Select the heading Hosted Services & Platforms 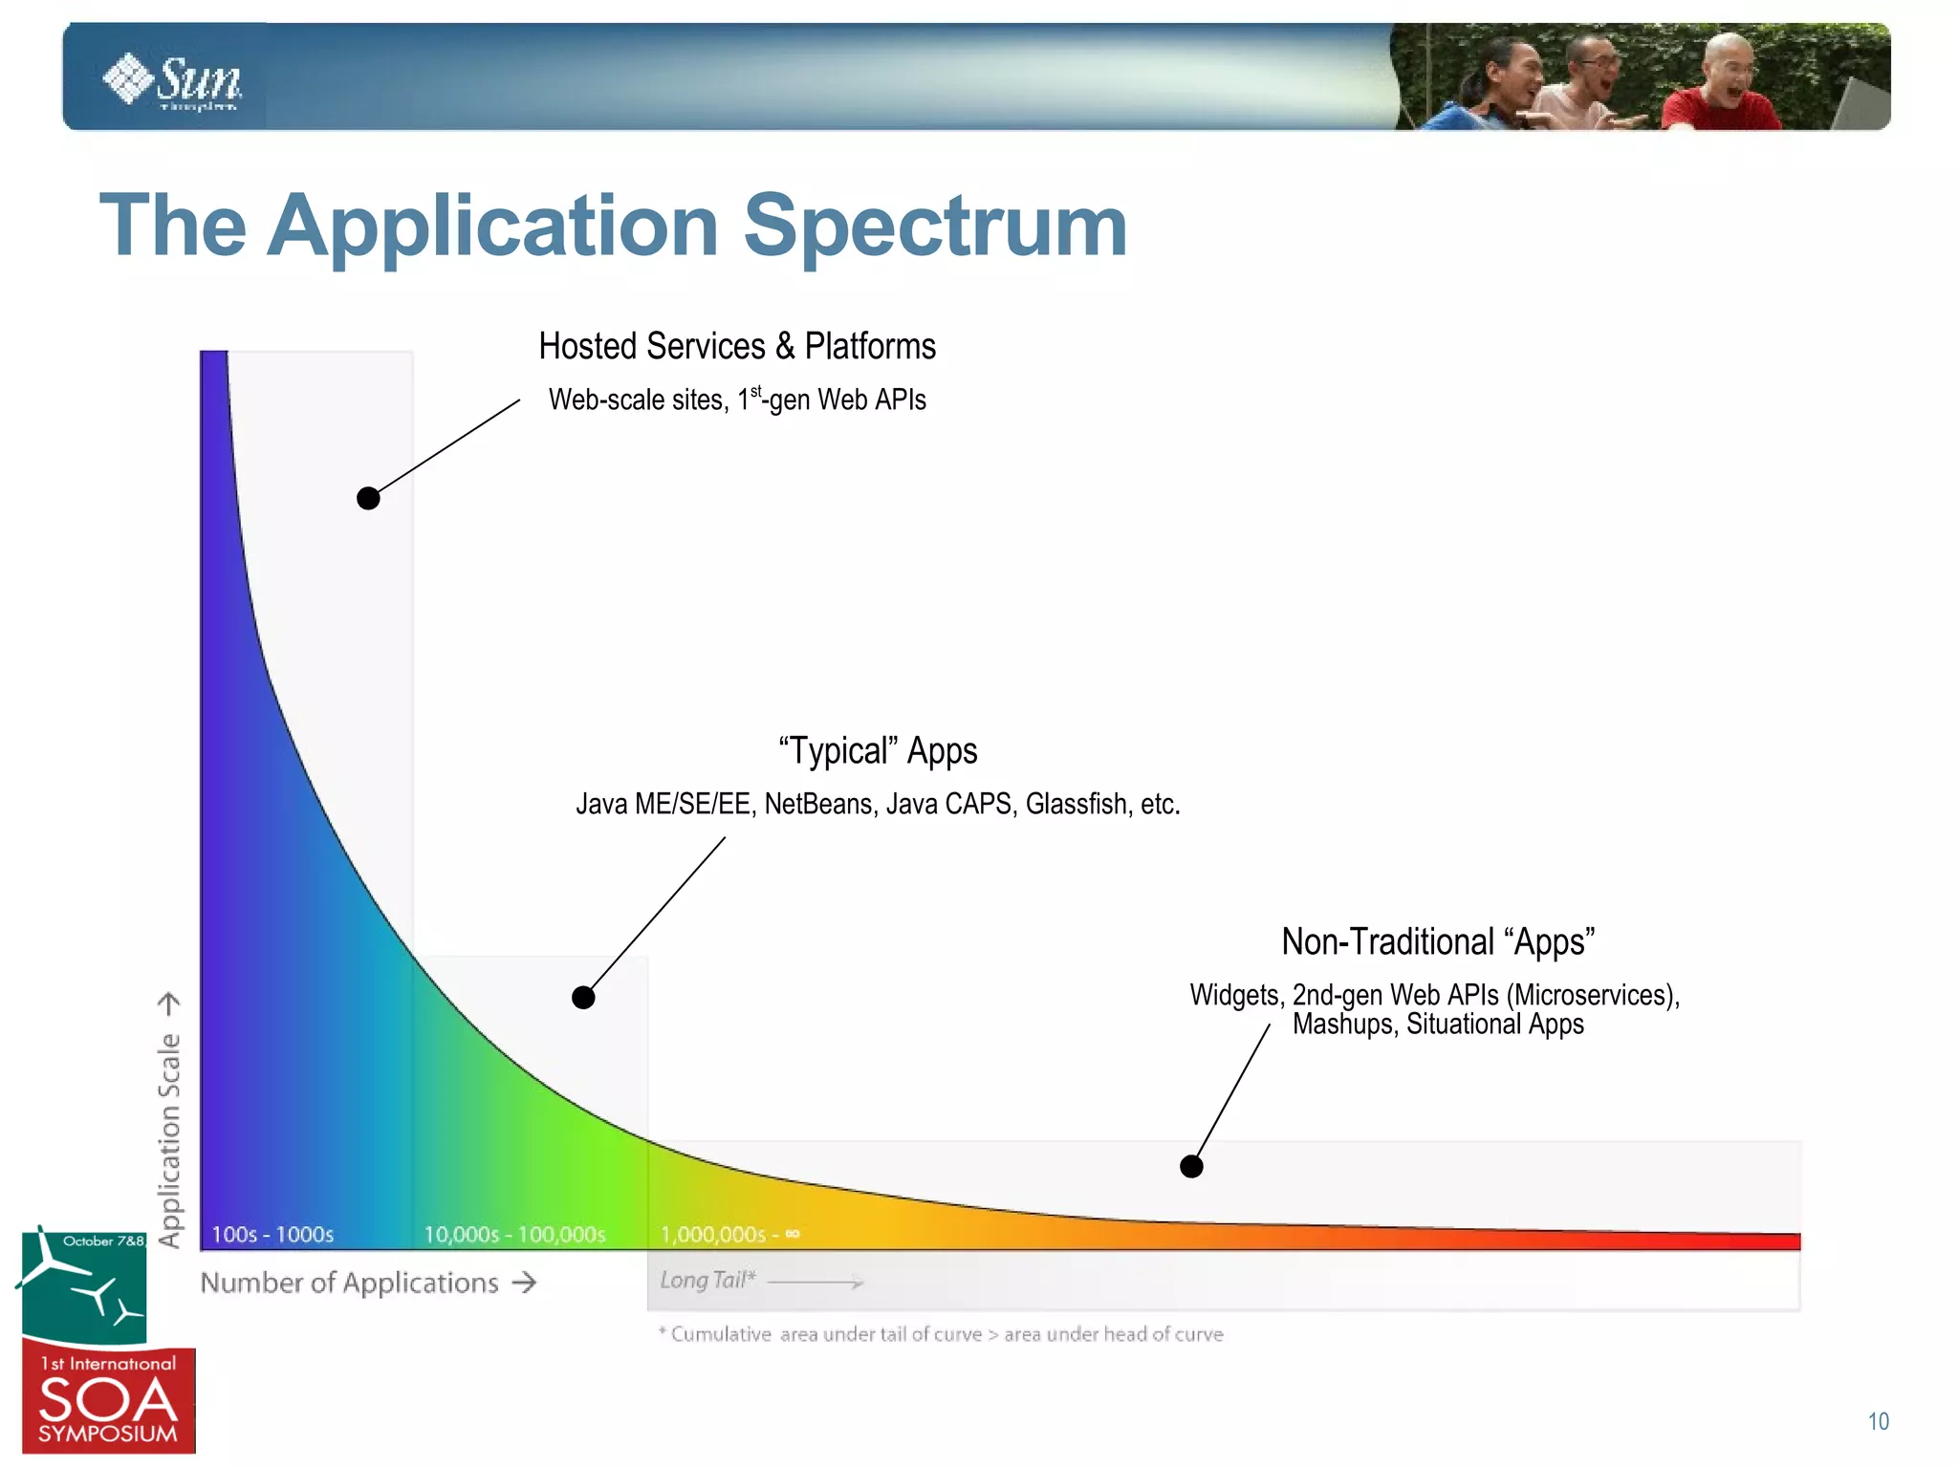tap(736, 346)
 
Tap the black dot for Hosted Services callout tap(368, 498)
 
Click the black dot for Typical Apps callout tap(583, 998)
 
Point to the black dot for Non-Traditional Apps tap(1191, 1166)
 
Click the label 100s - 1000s tap(272, 1235)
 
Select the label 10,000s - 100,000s tap(514, 1235)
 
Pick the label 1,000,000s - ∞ tap(729, 1235)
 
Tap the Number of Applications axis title tap(350, 1283)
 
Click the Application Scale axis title tap(169, 1139)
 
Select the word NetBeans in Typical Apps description tap(818, 805)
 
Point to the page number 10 tap(1878, 1421)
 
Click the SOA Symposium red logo tap(108, 1401)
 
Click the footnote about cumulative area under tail tap(942, 1334)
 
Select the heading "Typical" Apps tap(878, 751)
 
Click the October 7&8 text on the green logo tap(103, 1241)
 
